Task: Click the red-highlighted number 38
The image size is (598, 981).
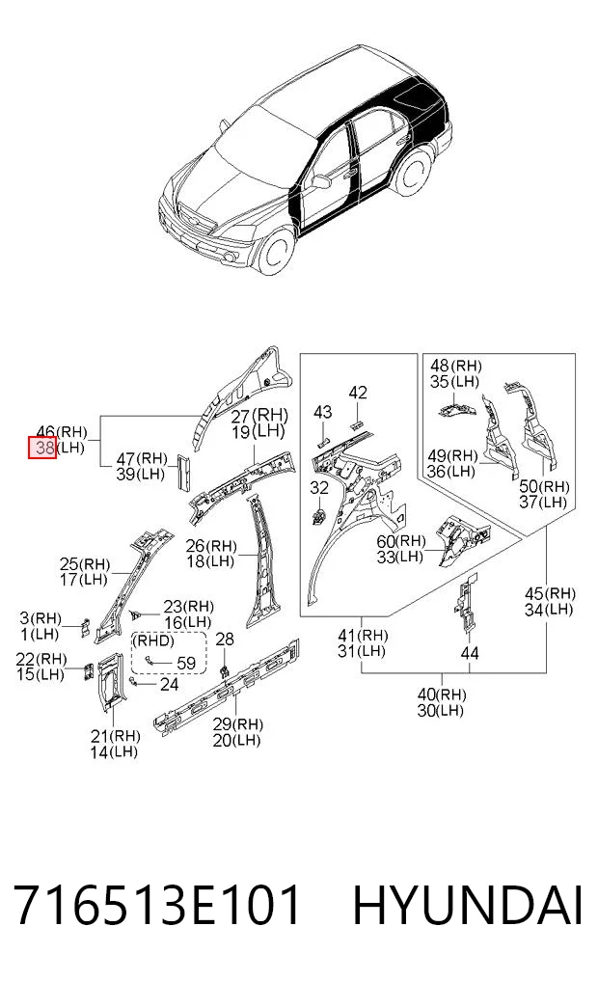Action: pyautogui.click(x=42, y=448)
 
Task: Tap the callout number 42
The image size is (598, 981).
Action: pyautogui.click(x=358, y=393)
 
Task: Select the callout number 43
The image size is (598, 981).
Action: pyautogui.click(x=323, y=412)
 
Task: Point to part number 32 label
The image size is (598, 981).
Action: pyautogui.click(x=319, y=487)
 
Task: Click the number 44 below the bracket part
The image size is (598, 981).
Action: pyautogui.click(x=470, y=653)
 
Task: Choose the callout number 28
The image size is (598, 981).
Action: pyautogui.click(x=225, y=639)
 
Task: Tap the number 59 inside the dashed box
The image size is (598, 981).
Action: pyautogui.click(x=186, y=664)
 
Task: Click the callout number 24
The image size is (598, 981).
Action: pyautogui.click(x=169, y=685)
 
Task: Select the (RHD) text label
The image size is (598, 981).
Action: pyautogui.click(x=153, y=641)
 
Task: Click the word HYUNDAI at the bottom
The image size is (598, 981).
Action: pyautogui.click(x=468, y=906)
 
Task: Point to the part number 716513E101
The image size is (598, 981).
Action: pyautogui.click(x=157, y=906)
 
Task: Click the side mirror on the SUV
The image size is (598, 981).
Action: pyautogui.click(x=321, y=181)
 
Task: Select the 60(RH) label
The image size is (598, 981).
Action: pyautogui.click(x=401, y=540)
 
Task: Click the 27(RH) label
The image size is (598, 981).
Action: pyautogui.click(x=259, y=415)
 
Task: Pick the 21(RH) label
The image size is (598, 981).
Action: pyautogui.click(x=115, y=736)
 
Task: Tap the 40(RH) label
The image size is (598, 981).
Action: pyautogui.click(x=442, y=695)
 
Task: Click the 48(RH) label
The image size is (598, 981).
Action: pyautogui.click(x=456, y=366)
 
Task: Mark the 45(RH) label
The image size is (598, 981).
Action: pyautogui.click(x=550, y=594)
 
